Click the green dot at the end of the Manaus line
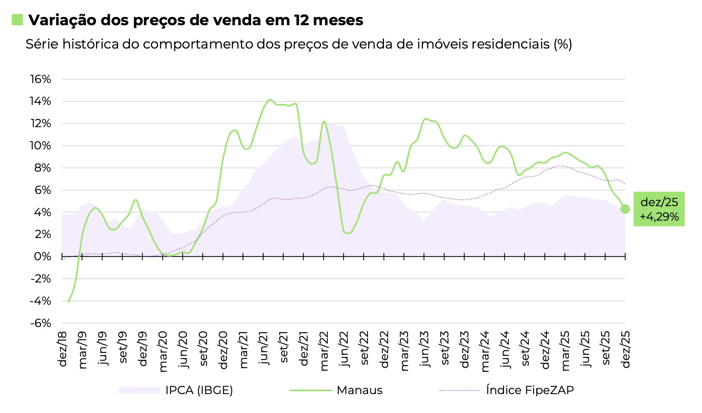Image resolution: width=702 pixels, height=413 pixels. click(x=625, y=209)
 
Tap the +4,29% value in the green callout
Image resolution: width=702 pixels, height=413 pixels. click(x=659, y=217)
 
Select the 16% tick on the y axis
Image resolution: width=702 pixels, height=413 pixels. click(x=41, y=79)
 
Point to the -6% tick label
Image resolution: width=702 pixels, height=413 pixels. click(x=40, y=323)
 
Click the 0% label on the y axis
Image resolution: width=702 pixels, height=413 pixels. click(x=43, y=257)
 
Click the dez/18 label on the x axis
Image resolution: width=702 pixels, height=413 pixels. click(x=63, y=348)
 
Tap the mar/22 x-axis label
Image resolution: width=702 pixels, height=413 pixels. click(x=324, y=350)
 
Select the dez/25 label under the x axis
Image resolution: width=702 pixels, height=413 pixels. click(x=626, y=349)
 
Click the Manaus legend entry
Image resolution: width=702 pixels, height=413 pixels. click(x=359, y=390)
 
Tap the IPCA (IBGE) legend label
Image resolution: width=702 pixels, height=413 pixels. click(x=199, y=390)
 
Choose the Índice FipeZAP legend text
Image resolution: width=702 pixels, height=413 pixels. click(x=530, y=390)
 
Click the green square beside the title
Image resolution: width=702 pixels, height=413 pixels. click(x=17, y=20)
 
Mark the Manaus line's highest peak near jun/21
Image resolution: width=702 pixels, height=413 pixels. click(x=270, y=100)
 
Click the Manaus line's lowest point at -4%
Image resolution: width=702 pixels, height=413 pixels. click(x=69, y=301)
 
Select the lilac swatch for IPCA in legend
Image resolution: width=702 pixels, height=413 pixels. click(x=139, y=390)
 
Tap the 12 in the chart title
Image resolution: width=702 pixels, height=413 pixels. click(x=301, y=20)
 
